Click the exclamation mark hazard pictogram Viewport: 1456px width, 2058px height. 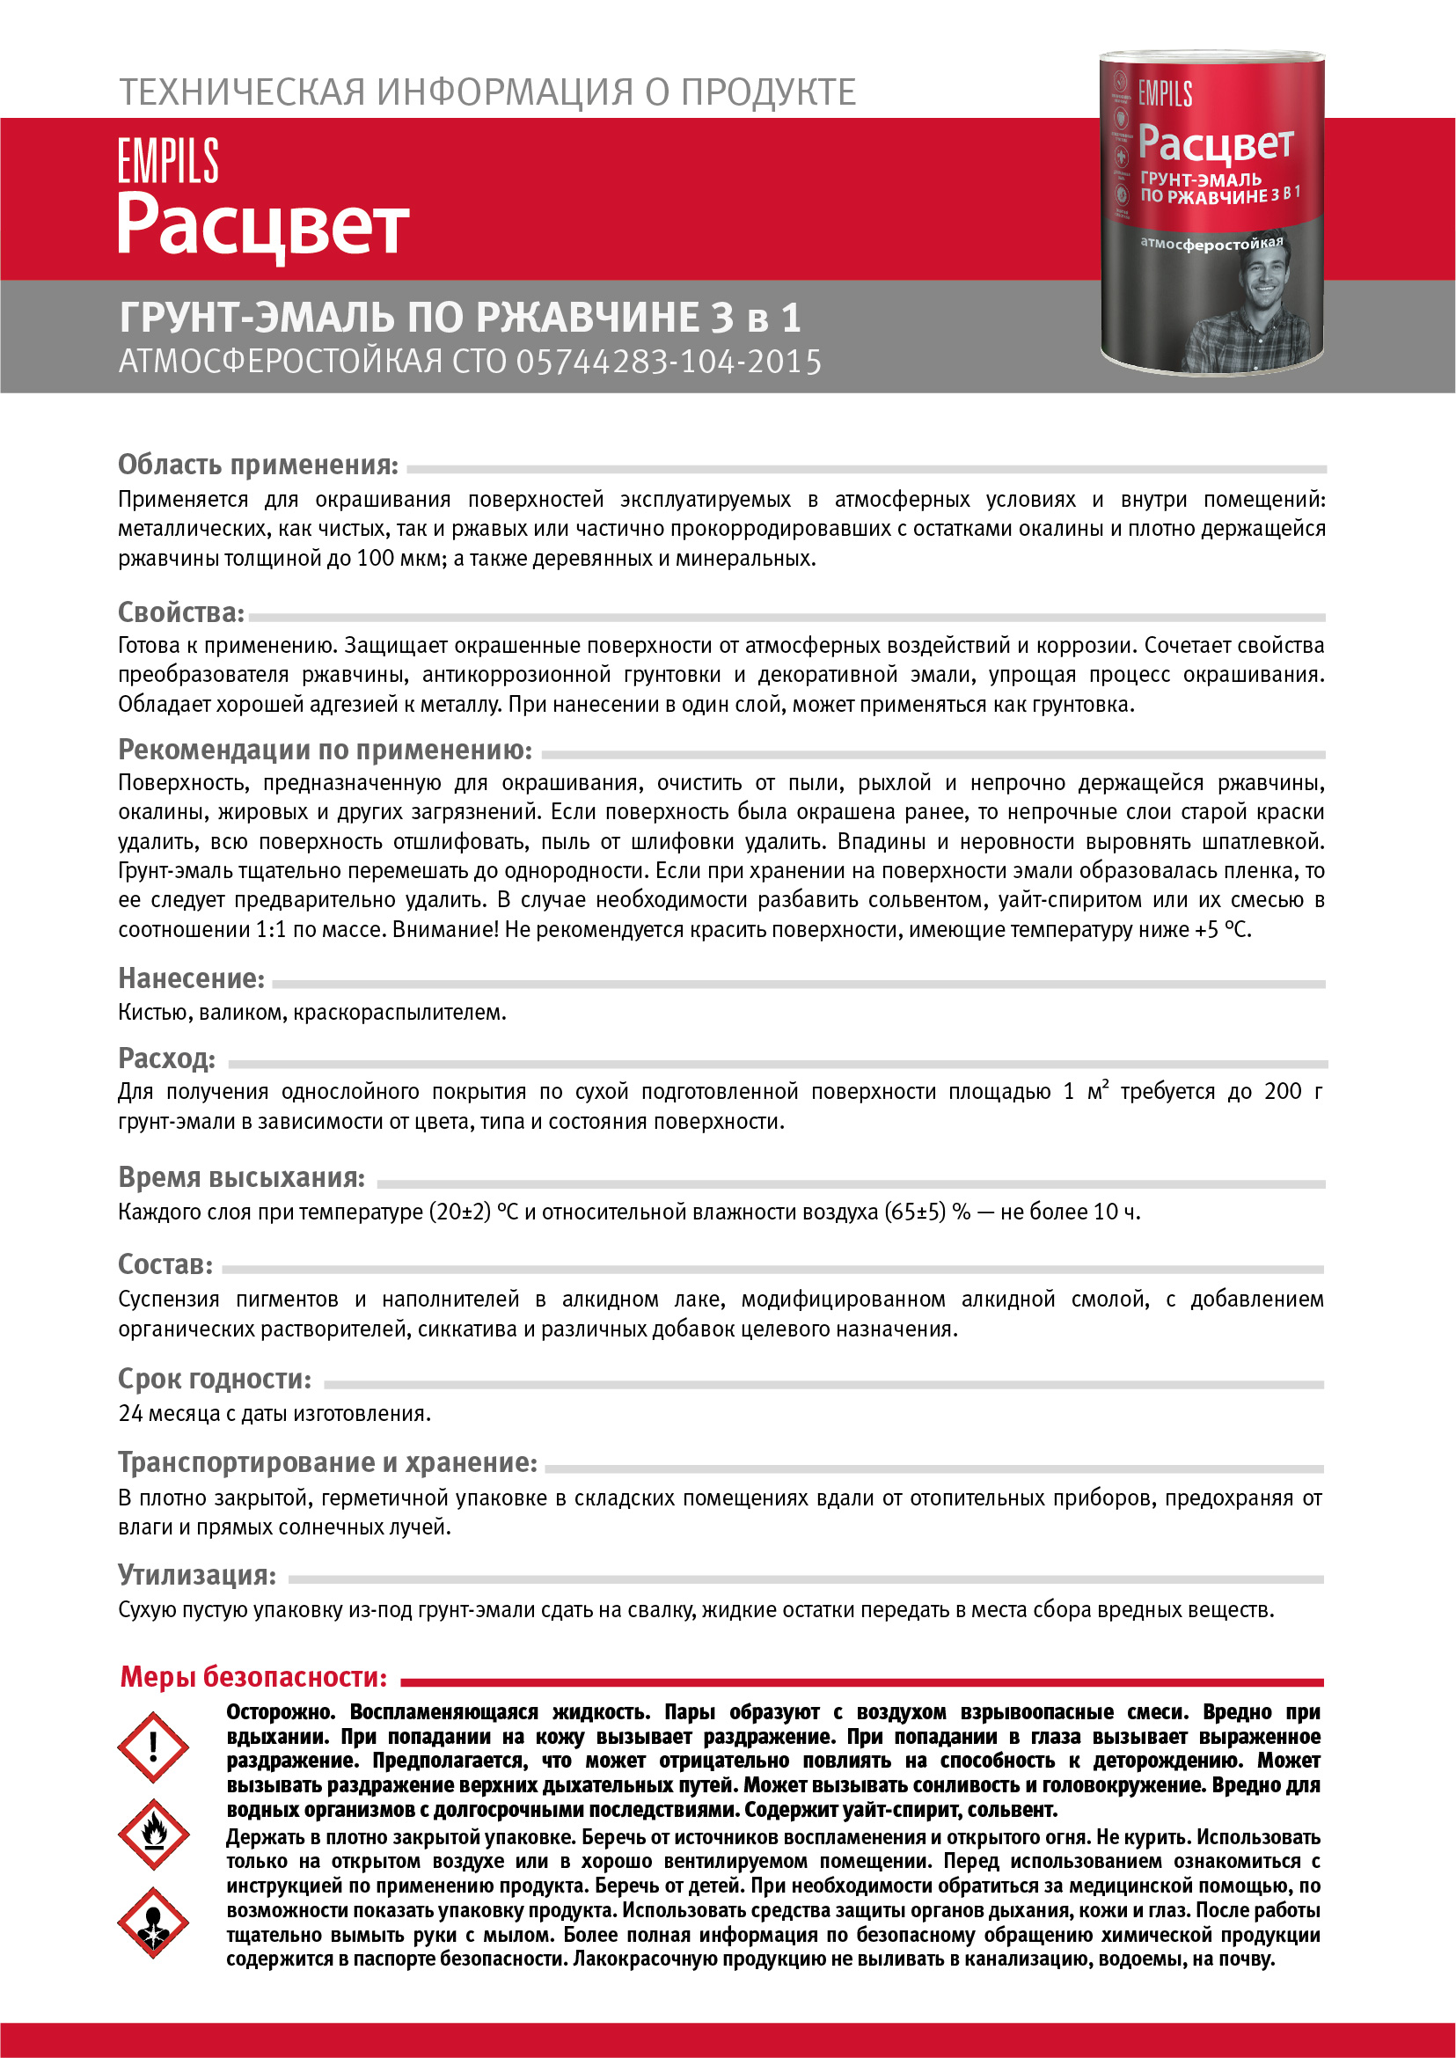point(152,1746)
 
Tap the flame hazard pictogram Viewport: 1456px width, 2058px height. point(153,1834)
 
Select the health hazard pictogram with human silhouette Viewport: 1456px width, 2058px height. point(153,1923)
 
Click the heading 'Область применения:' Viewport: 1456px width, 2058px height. point(258,465)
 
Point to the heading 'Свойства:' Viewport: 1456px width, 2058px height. point(181,612)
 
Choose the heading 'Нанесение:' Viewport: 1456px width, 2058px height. point(192,978)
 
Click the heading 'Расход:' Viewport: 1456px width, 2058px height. point(167,1058)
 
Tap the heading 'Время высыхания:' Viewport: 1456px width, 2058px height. point(242,1177)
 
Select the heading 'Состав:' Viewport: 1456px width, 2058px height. point(166,1263)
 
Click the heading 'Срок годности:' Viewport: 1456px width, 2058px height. point(216,1378)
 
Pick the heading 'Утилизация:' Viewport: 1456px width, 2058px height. point(197,1575)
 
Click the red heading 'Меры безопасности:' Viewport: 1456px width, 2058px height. point(254,1676)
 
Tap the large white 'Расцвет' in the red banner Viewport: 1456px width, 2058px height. point(264,226)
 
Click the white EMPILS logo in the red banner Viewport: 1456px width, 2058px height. point(169,161)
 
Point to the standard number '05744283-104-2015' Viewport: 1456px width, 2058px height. point(668,362)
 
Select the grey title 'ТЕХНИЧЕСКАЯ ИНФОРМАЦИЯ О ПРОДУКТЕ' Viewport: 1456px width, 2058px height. point(487,92)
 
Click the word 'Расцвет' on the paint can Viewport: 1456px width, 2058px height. point(1215,144)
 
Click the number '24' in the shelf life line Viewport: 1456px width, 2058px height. point(131,1413)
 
